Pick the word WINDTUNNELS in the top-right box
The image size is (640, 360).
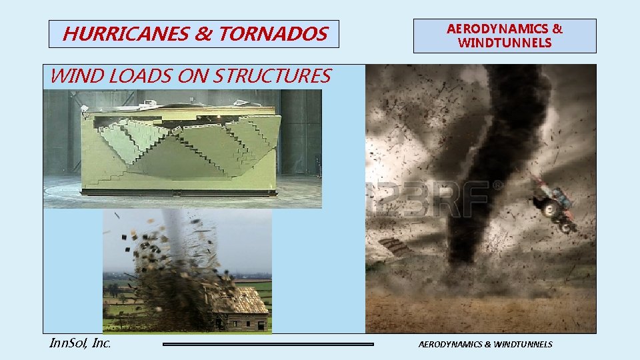[505, 43]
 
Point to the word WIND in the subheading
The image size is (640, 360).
[70, 76]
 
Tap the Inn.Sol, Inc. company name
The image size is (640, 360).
[80, 344]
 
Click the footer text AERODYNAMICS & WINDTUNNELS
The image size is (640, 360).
[485, 345]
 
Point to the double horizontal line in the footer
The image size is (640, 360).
[268, 345]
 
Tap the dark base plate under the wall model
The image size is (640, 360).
[177, 193]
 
